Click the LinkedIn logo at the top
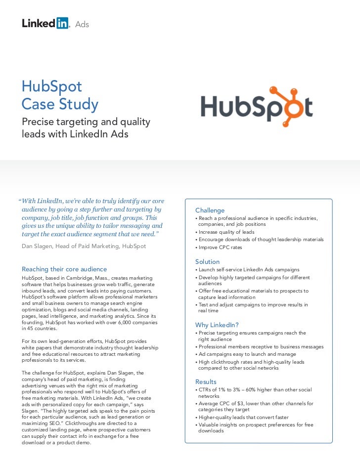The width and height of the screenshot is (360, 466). pos(45,23)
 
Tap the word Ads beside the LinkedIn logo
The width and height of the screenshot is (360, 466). pos(82,24)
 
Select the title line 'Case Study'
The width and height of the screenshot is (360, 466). pos(60,105)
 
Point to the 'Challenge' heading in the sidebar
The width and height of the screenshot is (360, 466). pos(210,211)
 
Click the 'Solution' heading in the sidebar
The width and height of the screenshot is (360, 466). pos(207,261)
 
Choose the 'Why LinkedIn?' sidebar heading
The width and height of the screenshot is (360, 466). pos(217,325)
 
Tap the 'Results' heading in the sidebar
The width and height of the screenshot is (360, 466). pos(206,381)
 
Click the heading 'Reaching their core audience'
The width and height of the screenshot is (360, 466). pos(64,269)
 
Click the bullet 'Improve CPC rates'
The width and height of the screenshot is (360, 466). pos(220,248)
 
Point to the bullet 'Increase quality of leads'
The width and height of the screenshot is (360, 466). pos(226,232)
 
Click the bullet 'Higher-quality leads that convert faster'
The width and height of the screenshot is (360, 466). pos(243,418)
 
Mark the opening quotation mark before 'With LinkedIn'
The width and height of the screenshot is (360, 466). pos(20,202)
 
